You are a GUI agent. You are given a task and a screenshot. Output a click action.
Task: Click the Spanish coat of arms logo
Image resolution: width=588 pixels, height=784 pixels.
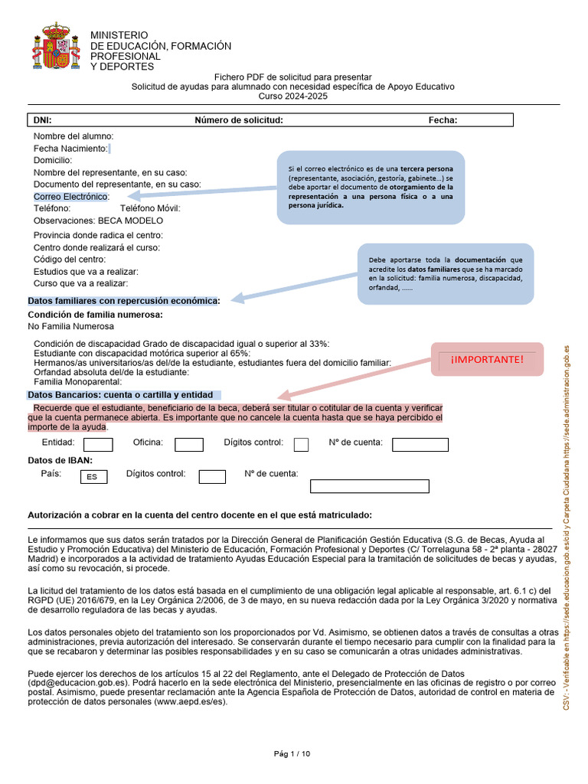point(55,47)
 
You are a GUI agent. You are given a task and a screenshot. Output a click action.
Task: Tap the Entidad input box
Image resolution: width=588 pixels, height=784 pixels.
point(98,445)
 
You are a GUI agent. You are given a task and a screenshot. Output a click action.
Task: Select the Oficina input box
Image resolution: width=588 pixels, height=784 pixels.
point(189,445)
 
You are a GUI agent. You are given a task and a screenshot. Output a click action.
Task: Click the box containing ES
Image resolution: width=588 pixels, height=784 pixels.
point(93,477)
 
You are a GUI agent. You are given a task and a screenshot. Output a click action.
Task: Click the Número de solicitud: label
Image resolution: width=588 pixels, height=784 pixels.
point(239,120)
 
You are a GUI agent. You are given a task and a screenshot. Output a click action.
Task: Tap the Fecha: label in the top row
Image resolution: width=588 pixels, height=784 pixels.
point(443,120)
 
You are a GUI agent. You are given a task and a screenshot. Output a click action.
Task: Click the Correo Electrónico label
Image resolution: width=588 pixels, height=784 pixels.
point(71,197)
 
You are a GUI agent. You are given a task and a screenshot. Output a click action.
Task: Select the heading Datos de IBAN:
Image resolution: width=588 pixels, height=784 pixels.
point(60,460)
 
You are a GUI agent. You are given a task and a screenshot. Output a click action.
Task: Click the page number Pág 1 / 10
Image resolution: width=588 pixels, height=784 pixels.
point(292,754)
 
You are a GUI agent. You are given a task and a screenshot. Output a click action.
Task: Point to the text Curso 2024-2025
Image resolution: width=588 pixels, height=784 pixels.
point(292,96)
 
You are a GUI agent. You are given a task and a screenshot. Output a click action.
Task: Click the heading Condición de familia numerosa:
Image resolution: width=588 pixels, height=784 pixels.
point(95,315)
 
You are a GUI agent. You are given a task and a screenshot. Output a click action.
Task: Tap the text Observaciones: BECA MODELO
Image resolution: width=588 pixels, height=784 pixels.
point(98,220)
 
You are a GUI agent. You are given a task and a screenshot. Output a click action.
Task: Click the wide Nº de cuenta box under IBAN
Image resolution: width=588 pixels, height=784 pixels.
point(369,486)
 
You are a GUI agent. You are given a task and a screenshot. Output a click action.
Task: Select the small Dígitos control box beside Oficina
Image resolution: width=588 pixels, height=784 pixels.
point(302,445)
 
